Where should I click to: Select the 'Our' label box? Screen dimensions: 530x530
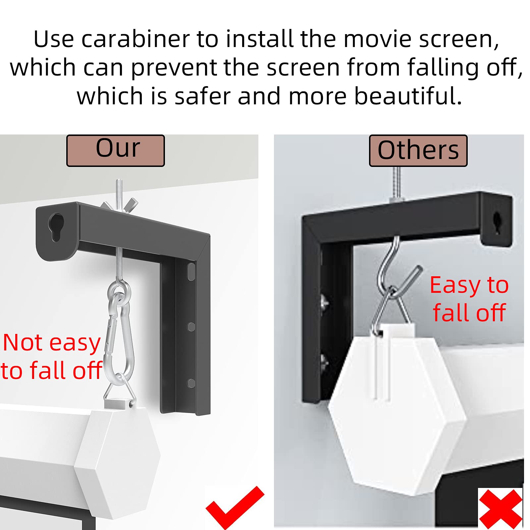point(116,151)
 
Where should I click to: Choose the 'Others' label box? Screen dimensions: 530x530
point(418,151)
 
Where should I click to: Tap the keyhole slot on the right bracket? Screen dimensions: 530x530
point(497,223)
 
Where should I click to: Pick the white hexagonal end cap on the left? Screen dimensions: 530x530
point(118,464)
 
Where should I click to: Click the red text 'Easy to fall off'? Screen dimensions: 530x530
point(469,299)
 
